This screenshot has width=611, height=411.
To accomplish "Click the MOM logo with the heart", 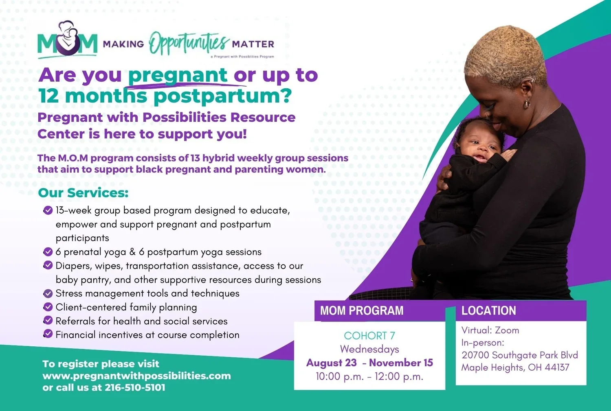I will click(67, 41).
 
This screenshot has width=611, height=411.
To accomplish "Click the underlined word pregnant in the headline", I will click(178, 75).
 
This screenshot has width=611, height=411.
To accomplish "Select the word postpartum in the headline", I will click(222, 96).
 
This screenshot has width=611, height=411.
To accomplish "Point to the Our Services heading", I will click(83, 193).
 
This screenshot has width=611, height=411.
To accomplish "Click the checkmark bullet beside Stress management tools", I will click(48, 293).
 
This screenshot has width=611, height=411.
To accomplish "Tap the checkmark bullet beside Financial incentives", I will click(48, 334).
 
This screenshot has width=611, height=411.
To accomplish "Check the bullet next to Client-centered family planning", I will click(48, 307).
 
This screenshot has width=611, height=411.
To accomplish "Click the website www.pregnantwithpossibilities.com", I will click(136, 376).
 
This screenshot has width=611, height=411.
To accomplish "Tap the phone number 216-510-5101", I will click(135, 387).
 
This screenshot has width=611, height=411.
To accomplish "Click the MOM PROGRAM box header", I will click(362, 311).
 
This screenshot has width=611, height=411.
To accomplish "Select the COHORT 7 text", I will click(369, 336).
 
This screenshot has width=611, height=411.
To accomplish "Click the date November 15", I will click(401, 363).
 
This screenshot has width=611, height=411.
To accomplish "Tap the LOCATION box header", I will click(488, 311).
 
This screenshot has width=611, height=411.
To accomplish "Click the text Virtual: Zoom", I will click(490, 330).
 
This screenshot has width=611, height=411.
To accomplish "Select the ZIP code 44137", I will click(557, 367).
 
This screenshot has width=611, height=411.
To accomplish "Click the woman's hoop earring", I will click(527, 104).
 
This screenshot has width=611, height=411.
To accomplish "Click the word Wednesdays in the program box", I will click(369, 349).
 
